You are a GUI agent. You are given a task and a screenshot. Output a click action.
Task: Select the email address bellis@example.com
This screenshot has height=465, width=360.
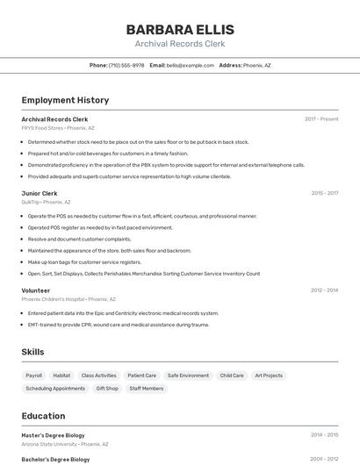coord(191,65)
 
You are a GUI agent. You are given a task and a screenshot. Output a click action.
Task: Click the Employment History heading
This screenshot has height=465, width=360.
coord(65,100)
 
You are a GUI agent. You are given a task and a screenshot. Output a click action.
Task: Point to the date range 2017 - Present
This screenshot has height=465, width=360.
coord(321,118)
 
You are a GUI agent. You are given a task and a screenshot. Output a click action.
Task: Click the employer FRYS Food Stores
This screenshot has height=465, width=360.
coord(41,127)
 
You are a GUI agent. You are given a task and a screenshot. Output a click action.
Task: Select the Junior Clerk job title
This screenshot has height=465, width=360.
coord(40,193)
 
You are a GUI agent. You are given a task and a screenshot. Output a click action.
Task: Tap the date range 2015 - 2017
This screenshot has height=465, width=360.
coord(324,193)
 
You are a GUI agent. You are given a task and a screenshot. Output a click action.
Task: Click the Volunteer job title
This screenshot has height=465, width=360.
coord(36,290)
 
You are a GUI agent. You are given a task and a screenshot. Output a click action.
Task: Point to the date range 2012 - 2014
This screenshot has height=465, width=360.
coord(324,290)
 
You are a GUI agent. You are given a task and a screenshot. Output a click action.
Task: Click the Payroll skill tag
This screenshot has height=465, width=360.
coord(34,376)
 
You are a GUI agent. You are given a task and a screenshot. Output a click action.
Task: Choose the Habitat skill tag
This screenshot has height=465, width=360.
coord(61,376)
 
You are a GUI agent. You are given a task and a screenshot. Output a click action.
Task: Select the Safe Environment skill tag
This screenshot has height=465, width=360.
coord(188,376)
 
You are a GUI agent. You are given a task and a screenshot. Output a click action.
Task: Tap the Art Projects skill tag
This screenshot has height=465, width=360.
coord(269,376)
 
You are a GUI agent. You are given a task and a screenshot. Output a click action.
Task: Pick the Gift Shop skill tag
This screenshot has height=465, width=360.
coord(107,388)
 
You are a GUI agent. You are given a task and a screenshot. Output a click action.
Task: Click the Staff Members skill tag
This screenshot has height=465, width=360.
coord(147,388)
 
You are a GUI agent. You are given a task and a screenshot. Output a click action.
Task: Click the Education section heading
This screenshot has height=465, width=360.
coord(43,416)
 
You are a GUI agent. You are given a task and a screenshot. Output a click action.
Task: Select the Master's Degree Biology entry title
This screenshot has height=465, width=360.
coord(54,434)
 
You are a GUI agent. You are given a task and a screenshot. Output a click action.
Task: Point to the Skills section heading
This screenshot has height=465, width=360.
coord(33,352)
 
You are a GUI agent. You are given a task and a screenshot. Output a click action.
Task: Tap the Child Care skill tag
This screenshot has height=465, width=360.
coord(232,376)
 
